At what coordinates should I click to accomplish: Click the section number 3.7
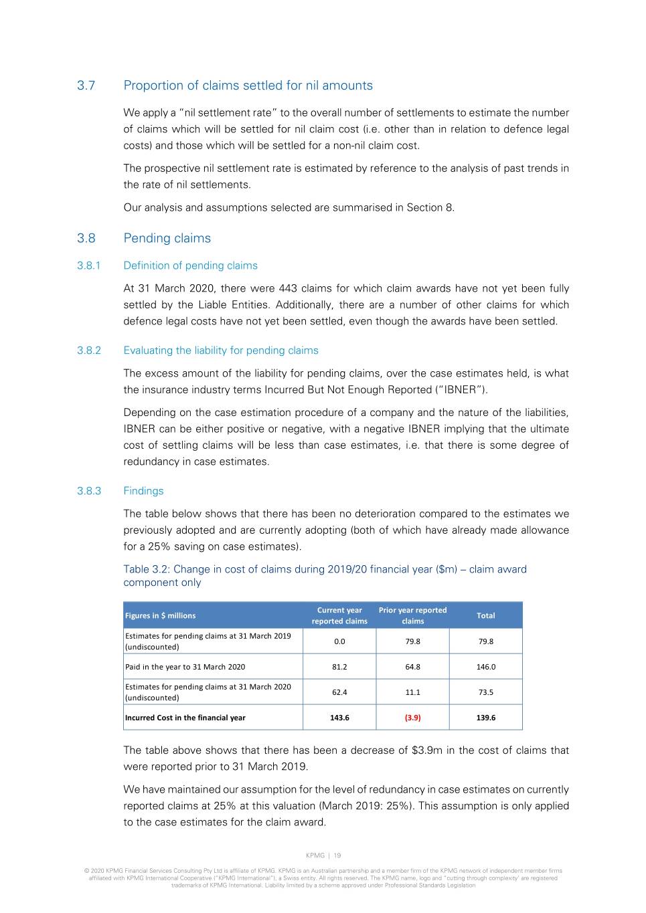point(86,86)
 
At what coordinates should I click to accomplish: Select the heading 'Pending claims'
point(167,238)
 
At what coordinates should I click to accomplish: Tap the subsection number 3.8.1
point(89,266)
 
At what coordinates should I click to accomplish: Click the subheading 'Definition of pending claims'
point(190,266)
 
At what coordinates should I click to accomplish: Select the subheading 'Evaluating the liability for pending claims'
point(220,350)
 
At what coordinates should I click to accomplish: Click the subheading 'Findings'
point(143,491)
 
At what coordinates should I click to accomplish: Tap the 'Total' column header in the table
point(485,615)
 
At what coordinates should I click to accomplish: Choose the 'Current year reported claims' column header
point(339,615)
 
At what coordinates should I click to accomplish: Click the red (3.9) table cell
point(412,718)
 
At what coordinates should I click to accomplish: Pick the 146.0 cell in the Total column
point(485,667)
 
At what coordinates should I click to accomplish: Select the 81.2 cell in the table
point(339,667)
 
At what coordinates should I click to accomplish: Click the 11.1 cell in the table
point(412,692)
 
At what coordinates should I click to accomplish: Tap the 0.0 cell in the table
point(339,641)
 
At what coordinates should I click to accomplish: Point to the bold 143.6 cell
point(339,718)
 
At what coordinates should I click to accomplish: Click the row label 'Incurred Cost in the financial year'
point(185,718)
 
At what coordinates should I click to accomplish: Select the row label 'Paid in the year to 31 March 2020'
point(185,667)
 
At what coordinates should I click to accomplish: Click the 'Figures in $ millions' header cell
point(161,615)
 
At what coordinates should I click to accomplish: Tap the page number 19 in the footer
point(337,855)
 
